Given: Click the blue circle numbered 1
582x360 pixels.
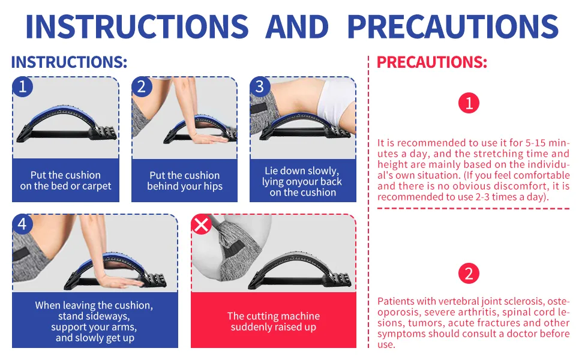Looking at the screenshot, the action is tap(23, 87).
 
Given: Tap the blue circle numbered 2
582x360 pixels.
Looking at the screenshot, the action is tap(142, 87).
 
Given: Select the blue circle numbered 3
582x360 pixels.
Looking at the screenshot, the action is tap(260, 87).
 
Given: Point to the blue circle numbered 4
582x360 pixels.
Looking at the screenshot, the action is tap(23, 224).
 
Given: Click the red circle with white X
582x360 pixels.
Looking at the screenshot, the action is tap(201, 224).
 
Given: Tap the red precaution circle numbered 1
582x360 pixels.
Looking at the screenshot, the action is tap(469, 103).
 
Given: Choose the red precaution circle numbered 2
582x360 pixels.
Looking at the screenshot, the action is tap(469, 274).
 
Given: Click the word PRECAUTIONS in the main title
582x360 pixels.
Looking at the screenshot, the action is tap(453, 26).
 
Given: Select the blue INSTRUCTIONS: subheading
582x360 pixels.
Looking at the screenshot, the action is tap(70, 62).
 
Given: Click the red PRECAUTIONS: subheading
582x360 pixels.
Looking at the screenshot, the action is tap(432, 62).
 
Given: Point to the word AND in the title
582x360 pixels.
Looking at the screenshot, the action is tap(297, 26).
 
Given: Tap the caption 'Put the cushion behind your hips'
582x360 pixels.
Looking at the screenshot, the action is tap(185, 181).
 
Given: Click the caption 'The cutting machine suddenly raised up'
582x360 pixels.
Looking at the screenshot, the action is tap(274, 322).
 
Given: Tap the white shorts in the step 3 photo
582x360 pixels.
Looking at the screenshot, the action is tap(336, 101).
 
